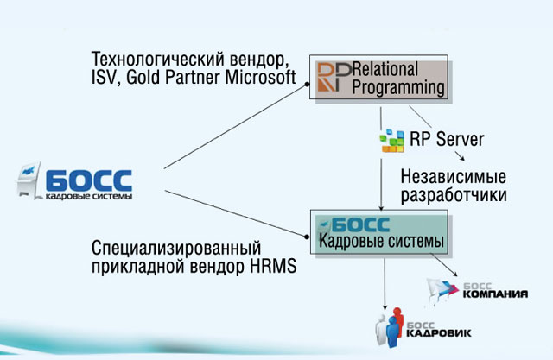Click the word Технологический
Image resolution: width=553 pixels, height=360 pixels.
coord(157,59)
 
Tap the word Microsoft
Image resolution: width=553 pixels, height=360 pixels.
coord(261,77)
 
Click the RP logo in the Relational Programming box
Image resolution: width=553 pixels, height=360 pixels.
coord(334,77)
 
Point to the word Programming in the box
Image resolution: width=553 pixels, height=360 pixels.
coord(398,88)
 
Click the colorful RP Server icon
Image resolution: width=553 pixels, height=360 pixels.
coord(392,141)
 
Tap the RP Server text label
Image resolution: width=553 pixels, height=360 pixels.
coord(447,139)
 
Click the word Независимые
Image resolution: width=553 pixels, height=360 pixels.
coord(453,176)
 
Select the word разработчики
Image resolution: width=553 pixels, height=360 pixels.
coord(454,195)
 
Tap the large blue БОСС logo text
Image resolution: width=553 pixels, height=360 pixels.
coord(89,180)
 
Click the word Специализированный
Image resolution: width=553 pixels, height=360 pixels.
coord(176,249)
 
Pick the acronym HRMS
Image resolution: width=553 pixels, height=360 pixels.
coord(273,266)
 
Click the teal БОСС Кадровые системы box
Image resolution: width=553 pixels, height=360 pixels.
coord(379,231)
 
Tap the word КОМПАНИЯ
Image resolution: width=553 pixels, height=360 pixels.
coord(495,294)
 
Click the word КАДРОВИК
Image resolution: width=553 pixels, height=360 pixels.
coord(439,333)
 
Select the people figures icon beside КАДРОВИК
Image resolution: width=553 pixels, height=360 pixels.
coord(390,327)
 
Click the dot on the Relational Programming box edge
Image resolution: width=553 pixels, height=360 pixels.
coord(308,85)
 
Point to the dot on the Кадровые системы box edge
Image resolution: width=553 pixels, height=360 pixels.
coord(307,237)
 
